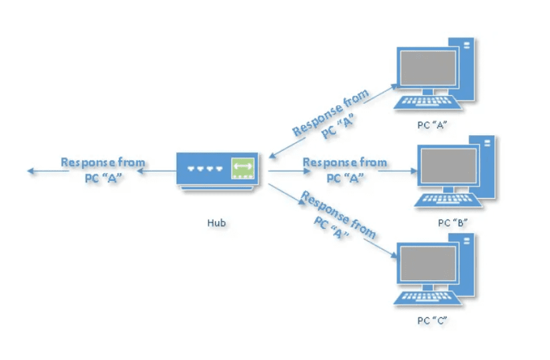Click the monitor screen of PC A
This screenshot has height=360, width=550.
(427, 69)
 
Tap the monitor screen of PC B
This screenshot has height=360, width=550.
(447, 166)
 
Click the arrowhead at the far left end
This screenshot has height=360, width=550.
(31, 171)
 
